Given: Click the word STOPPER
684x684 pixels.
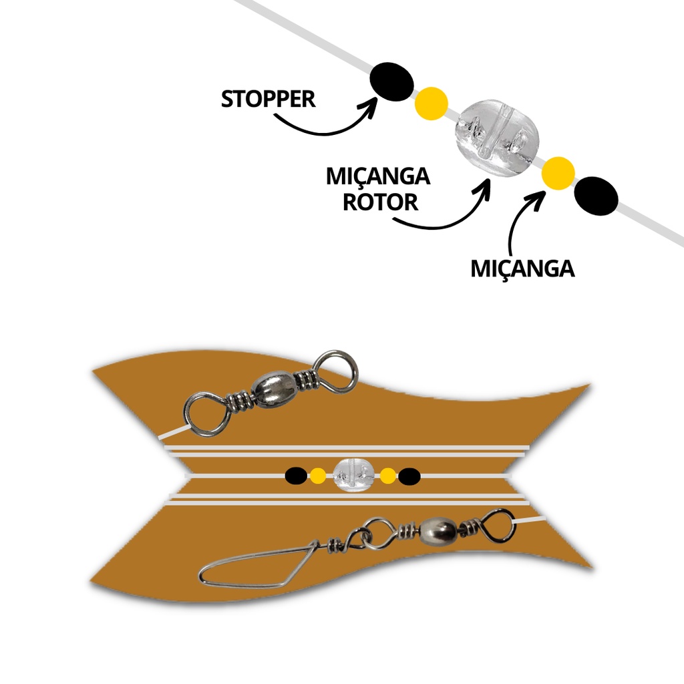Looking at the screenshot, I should tap(268, 99).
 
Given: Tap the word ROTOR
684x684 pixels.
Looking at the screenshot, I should tap(381, 202).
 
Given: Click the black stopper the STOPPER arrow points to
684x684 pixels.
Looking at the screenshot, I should tap(391, 81).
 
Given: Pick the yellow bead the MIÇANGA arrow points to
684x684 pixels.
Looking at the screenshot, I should tap(558, 173).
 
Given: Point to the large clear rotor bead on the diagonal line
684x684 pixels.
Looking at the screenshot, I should tap(496, 138).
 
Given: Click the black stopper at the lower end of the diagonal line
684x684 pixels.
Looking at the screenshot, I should tap(596, 196).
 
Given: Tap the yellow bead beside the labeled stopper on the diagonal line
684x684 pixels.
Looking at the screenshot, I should tap(431, 103).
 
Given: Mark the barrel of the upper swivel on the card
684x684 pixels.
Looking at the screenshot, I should tap(274, 389).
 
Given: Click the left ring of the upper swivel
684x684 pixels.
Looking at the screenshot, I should tap(207, 414).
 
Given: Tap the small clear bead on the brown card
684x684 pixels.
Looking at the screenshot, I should tap(351, 476).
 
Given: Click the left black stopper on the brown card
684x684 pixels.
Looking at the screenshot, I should tap(296, 476).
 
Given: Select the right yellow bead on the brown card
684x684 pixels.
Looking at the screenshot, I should tap(387, 476).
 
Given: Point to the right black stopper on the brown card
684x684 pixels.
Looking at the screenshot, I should tap(409, 476).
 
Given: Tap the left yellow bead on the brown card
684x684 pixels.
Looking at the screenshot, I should tap(318, 476).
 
